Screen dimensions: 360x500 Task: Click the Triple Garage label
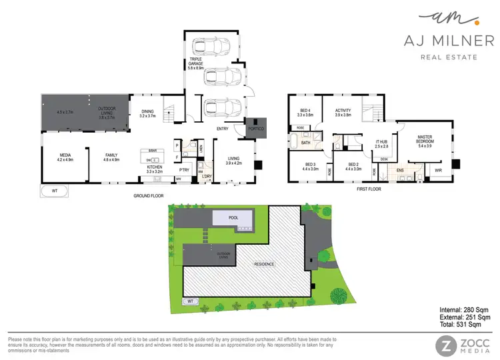coord(195,64)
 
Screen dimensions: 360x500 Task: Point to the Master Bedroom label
coord(425,142)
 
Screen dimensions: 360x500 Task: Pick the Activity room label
coord(343,113)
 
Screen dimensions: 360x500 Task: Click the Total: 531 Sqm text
coord(463,327)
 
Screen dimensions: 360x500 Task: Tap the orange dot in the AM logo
coord(459,23)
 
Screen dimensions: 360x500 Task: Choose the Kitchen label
coord(155,169)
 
